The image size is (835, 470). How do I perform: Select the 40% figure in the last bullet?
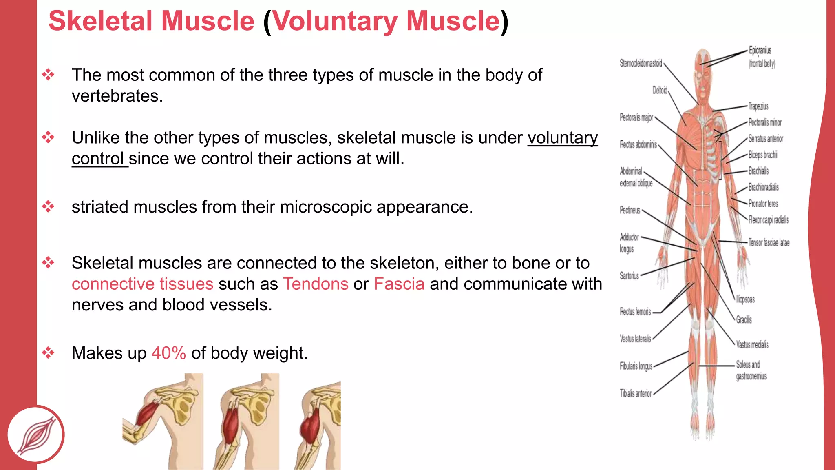click(x=168, y=353)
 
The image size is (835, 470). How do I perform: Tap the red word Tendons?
click(x=316, y=284)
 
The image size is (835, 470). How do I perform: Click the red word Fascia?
click(x=399, y=284)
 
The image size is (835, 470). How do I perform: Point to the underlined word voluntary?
click(x=562, y=138)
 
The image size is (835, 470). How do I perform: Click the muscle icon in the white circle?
click(x=36, y=435)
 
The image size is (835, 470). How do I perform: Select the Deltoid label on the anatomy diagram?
click(x=659, y=90)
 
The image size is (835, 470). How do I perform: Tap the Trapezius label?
click(x=758, y=106)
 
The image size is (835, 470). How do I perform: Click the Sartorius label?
click(x=629, y=276)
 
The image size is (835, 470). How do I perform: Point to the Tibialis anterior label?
click(x=635, y=393)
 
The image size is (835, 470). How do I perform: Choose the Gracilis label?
click(x=744, y=320)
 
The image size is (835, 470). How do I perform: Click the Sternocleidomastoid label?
click(x=641, y=63)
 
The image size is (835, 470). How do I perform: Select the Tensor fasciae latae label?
click(x=769, y=243)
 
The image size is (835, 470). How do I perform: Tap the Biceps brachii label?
click(x=762, y=155)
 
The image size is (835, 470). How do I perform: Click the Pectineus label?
click(x=630, y=210)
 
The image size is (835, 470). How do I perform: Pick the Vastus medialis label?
click(x=752, y=345)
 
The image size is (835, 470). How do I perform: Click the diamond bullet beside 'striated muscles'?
click(x=48, y=206)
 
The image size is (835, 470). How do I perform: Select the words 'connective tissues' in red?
click(x=142, y=284)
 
